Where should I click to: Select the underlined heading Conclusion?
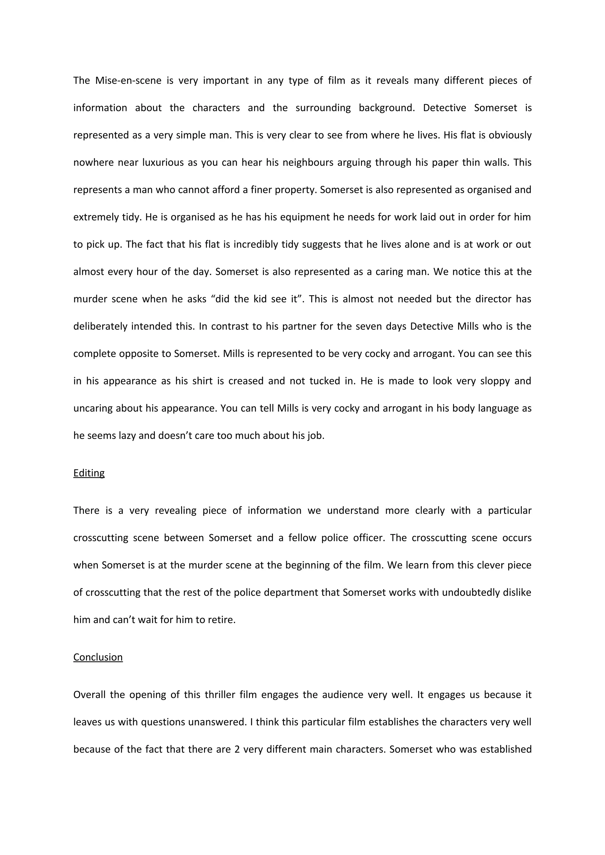tap(98, 657)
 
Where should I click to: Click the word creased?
tap(245, 381)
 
